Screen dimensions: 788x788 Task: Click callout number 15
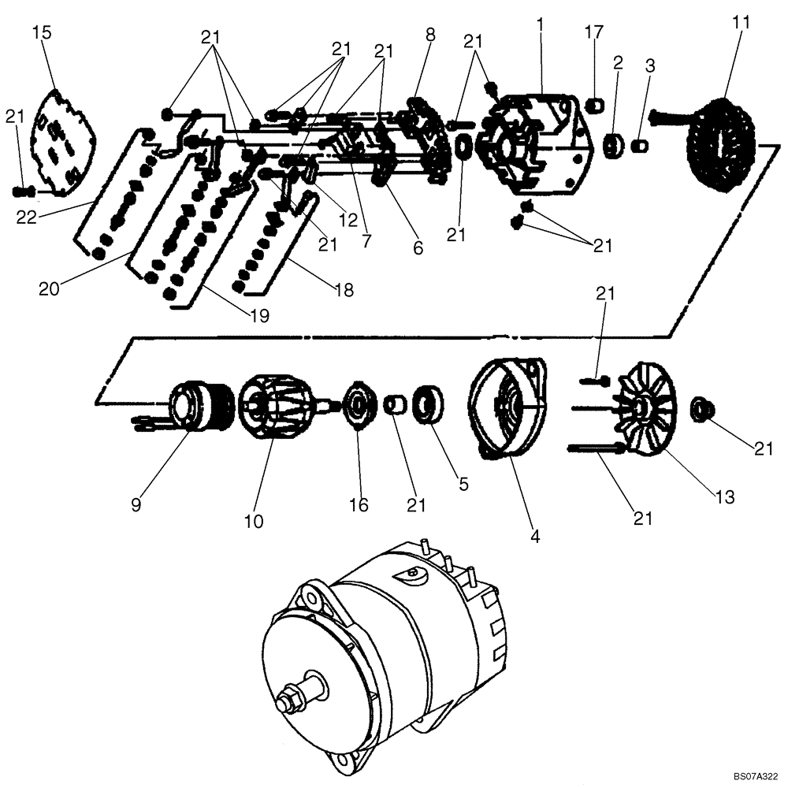click(x=44, y=33)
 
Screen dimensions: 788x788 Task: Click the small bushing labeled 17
click(x=597, y=102)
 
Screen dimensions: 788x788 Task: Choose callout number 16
click(x=359, y=504)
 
